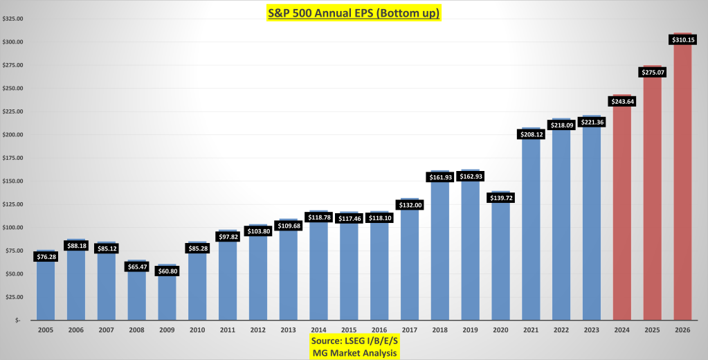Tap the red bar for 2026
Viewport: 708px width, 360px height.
click(683, 187)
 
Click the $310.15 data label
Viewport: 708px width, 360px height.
click(683, 40)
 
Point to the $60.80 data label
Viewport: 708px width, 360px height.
click(167, 271)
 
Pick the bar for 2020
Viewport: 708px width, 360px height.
click(501, 263)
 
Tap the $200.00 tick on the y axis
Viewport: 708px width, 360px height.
click(15, 135)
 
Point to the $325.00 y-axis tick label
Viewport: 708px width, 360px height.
click(15, 19)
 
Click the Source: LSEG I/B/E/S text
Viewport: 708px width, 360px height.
click(354, 342)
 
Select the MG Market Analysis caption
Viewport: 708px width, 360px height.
click(354, 353)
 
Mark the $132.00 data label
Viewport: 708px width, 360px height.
click(410, 205)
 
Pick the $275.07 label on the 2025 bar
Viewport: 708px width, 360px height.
click(653, 72)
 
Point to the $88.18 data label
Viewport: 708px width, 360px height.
click(76, 245)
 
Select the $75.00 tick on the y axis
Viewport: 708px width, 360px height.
click(15, 251)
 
